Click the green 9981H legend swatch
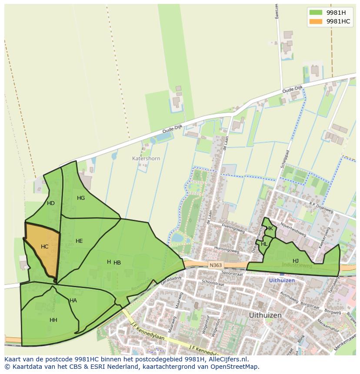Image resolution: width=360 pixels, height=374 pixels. click(316, 13)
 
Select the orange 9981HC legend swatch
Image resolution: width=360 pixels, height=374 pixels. click(316, 21)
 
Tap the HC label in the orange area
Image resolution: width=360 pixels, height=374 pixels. click(45, 247)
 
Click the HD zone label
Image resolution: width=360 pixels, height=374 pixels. click(51, 203)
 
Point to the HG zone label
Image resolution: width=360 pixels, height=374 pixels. click(81, 198)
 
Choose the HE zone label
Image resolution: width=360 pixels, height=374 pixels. click(79, 241)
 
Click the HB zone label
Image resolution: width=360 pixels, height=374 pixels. click(117, 263)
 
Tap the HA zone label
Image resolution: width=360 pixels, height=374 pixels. click(73, 301)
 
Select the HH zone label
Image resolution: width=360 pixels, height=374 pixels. click(53, 320)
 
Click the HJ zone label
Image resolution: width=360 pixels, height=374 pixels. click(296, 261)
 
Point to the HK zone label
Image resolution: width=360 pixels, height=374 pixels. click(270, 228)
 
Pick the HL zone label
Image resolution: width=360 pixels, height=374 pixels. click(264, 244)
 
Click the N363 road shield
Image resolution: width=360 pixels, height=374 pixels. click(215, 265)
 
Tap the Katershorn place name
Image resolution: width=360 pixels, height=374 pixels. click(146, 159)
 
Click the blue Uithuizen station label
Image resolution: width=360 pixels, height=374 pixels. click(282, 281)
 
